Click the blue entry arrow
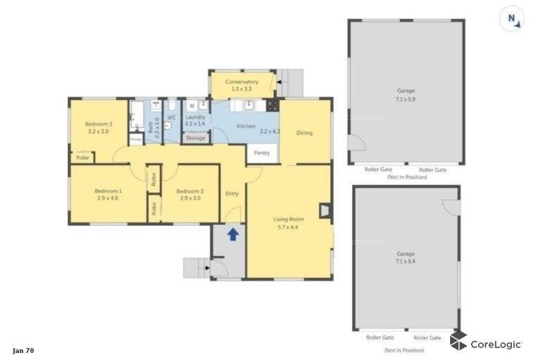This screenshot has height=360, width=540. point(233,233)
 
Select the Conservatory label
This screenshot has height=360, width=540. point(242,82)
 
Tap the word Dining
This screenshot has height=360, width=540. point(304,133)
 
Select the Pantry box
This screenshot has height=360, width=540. point(262,153)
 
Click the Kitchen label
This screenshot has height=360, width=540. point(245,126)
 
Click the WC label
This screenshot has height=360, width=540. point(171,117)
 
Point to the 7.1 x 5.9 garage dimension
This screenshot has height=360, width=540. point(406,99)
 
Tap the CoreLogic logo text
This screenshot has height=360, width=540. point(496,344)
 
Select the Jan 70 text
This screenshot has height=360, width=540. point(23,349)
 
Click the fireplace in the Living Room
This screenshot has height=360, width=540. point(324,210)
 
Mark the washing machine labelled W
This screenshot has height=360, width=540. point(191,106)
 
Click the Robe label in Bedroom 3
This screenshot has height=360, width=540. point(82,158)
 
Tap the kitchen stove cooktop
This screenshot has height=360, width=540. point(273,105)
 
